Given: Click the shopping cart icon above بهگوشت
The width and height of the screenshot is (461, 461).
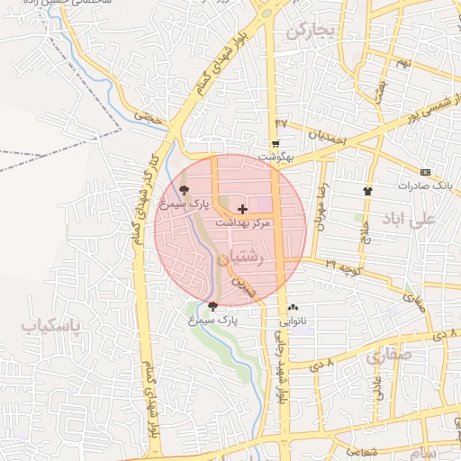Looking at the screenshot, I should click(x=275, y=143).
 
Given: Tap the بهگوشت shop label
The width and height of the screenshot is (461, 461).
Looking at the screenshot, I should click(x=276, y=157).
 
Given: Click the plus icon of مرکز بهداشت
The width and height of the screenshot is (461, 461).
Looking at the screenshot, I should click(x=242, y=208).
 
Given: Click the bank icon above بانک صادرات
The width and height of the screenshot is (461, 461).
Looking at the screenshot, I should click(x=425, y=172).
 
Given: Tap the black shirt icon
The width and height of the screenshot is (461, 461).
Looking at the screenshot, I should click(x=367, y=191).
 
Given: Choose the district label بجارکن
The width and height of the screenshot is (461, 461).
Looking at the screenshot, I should click(x=311, y=32).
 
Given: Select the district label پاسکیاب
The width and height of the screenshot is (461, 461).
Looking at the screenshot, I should click(x=51, y=324).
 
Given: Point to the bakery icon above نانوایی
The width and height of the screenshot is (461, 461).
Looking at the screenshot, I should click(x=293, y=307).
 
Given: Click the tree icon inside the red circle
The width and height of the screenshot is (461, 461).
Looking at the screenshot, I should click(x=185, y=189).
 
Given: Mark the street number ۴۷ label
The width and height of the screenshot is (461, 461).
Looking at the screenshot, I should click(x=281, y=122).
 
